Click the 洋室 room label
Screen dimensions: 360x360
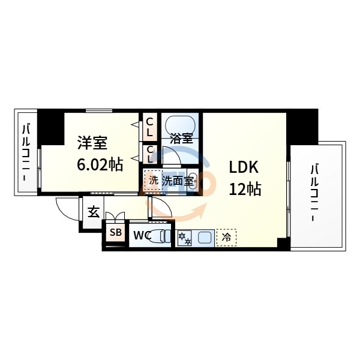coord(92,144)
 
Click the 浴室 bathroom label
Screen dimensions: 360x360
coord(181,137)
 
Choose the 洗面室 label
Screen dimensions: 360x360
coord(178,180)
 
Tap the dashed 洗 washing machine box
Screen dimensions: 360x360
coord(152,180)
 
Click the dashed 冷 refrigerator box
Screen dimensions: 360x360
coord(226,238)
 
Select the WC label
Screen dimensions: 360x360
coord(142,235)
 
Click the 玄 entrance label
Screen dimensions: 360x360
coord(94,212)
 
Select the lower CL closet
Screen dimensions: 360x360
coord(150,154)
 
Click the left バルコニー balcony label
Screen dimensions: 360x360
coord(26,153)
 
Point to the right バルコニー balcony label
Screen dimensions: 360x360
coord(314,191)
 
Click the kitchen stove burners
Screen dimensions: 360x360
coord(184,238)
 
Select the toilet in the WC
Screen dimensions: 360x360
coord(160,235)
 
